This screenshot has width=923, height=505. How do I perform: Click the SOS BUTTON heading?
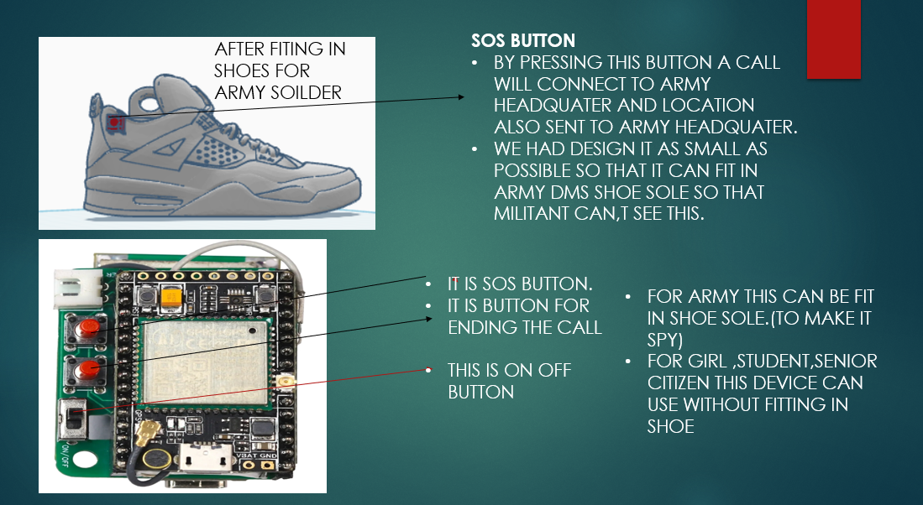[x=522, y=40]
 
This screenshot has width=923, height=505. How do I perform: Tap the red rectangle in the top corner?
[x=833, y=39]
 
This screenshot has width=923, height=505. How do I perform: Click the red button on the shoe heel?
[x=115, y=122]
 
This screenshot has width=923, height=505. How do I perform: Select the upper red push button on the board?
[x=88, y=327]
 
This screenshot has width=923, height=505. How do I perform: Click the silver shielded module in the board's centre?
[x=205, y=361]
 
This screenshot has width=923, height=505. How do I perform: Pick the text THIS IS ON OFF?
[x=509, y=371]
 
